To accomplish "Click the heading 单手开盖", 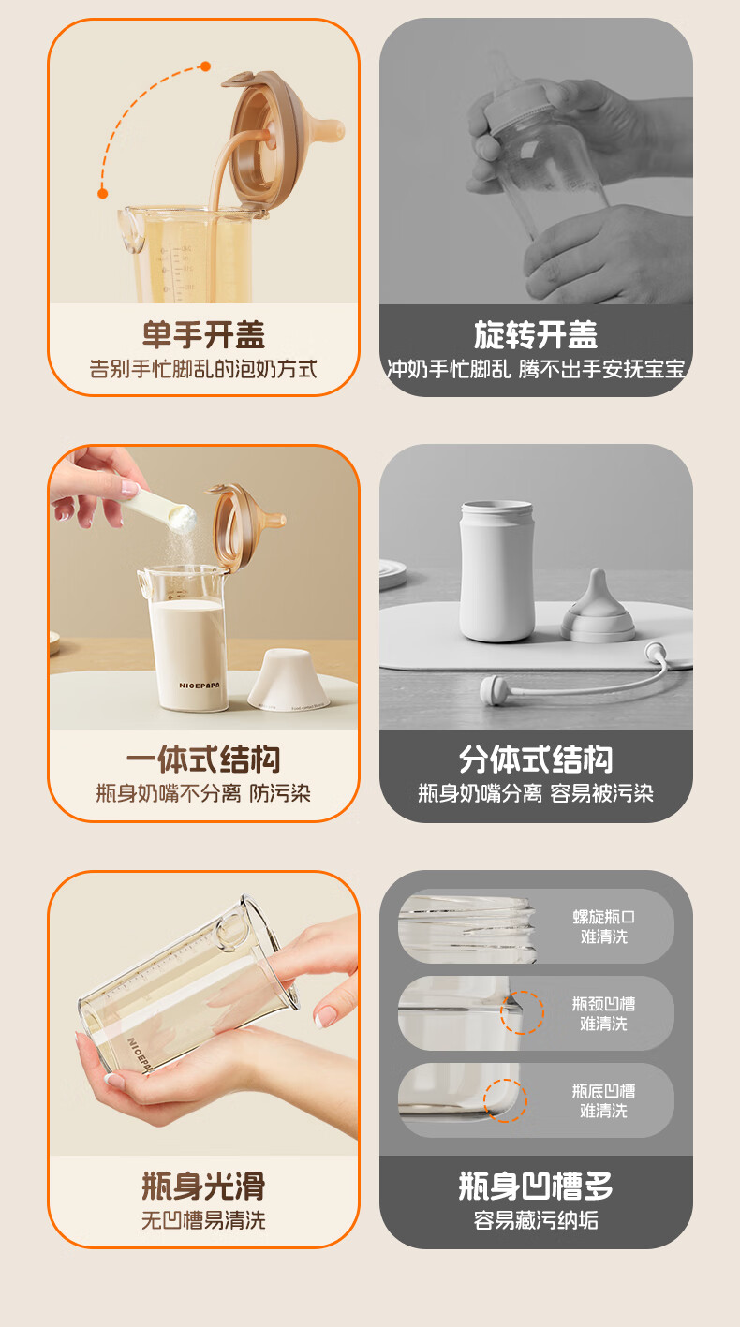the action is click(203, 334).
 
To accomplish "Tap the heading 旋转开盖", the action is click(536, 334).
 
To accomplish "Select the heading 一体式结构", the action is click(203, 760).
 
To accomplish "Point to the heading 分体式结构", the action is click(536, 760).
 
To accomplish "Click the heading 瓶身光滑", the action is click(203, 1186).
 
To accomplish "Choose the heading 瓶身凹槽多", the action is click(536, 1186).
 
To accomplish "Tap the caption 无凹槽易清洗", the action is click(203, 1220).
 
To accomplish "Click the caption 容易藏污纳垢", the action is click(536, 1220).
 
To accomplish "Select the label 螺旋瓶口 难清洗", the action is click(604, 926).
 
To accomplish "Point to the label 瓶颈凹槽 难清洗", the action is click(604, 1013).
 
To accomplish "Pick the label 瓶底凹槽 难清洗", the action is click(604, 1100).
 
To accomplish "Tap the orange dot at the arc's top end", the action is click(205, 66).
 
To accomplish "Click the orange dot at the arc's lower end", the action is click(102, 193).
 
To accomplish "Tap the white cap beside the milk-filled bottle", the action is click(289, 680).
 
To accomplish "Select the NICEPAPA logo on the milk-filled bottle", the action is click(200, 686).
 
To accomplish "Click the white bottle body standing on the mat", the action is click(497, 571).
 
